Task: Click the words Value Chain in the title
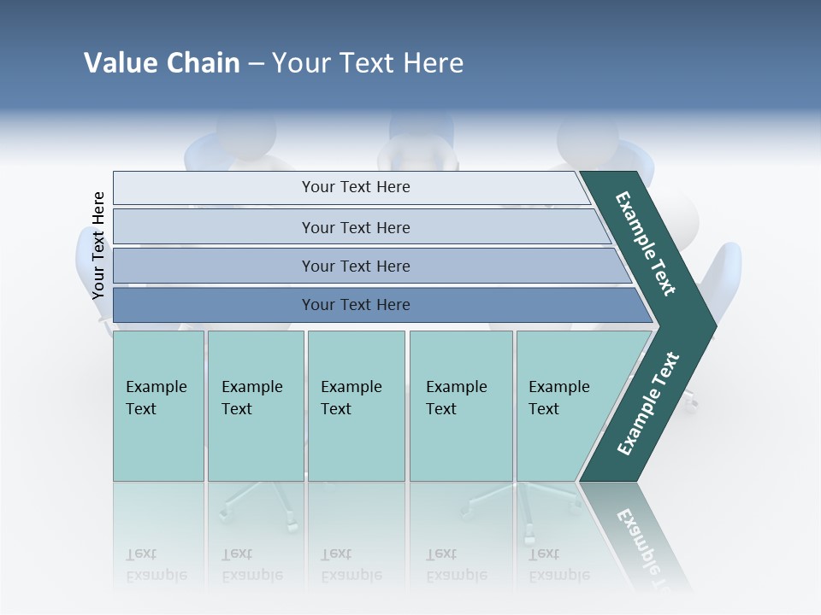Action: coord(162,63)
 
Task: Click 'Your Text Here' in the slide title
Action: coord(368,63)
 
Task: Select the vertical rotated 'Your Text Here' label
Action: coord(98,245)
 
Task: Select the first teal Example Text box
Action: coord(158,406)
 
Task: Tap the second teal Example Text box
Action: coord(255,406)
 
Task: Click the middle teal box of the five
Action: coord(356,406)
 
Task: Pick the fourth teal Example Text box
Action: coord(460,406)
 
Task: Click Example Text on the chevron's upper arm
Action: coord(646,243)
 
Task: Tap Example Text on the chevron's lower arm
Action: coord(648,404)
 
